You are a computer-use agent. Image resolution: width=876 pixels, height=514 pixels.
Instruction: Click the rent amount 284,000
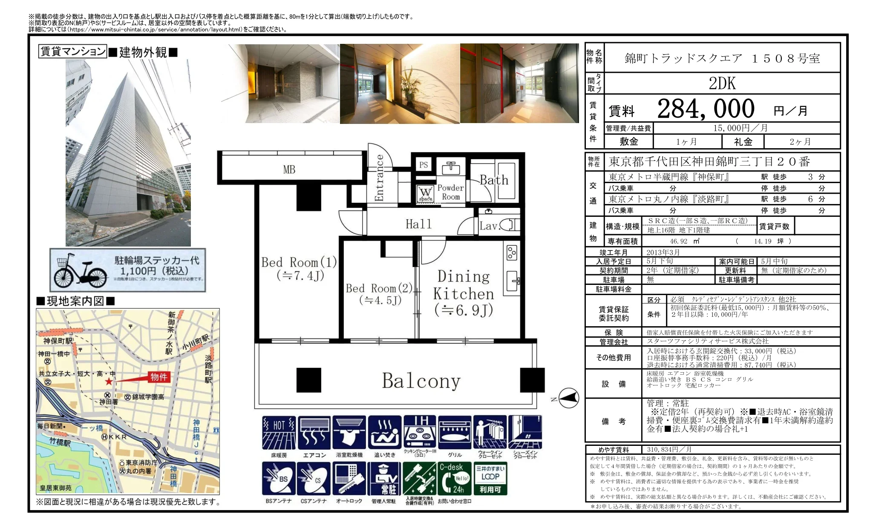click(706, 109)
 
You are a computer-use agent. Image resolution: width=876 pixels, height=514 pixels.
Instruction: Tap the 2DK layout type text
click(722, 83)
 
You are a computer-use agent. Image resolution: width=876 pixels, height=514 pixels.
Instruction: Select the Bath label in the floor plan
click(494, 180)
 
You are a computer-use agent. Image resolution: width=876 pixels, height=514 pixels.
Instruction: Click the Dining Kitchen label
click(464, 293)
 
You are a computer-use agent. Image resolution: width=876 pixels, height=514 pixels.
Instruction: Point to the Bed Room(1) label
click(299, 269)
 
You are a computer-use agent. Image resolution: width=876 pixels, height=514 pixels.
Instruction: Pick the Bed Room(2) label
click(379, 294)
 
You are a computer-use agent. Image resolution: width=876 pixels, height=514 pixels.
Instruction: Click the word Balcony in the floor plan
click(421, 381)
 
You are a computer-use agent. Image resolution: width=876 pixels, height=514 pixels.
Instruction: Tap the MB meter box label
click(289, 169)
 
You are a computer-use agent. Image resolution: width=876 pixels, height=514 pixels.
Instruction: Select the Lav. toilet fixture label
click(489, 226)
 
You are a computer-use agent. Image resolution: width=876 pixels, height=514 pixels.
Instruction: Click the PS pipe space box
click(423, 165)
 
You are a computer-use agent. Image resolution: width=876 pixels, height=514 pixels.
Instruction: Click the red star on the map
click(109, 382)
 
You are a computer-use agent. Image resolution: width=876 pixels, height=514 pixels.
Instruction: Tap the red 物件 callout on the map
click(159, 377)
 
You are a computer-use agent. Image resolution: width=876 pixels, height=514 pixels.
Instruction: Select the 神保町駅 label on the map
click(58, 341)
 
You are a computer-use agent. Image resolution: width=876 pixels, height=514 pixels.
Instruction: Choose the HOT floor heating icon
click(279, 433)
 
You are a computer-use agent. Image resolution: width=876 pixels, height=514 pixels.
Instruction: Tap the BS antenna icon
click(279, 479)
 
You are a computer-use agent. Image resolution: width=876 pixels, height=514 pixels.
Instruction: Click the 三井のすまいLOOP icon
click(490, 479)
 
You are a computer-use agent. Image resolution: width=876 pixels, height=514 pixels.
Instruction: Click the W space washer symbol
click(425, 194)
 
